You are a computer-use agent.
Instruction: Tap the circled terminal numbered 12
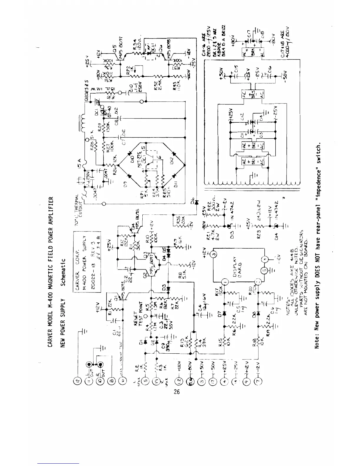point(78,382)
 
